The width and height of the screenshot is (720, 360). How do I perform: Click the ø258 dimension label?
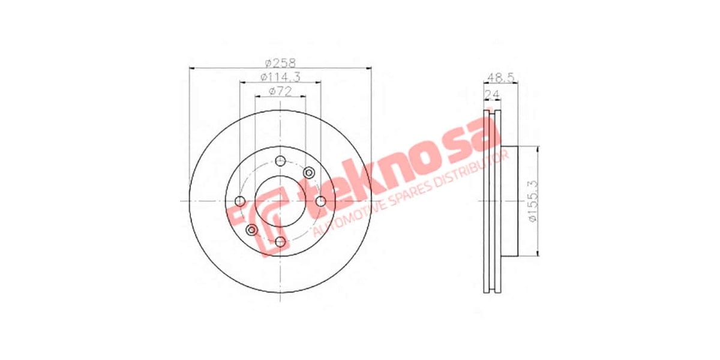click(x=280, y=62)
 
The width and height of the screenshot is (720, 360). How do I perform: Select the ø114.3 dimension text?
click(x=280, y=77)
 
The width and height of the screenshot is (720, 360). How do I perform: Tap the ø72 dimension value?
click(x=280, y=91)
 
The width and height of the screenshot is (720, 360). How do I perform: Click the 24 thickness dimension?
click(x=494, y=92)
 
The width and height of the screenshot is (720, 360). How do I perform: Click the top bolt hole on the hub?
click(x=280, y=160)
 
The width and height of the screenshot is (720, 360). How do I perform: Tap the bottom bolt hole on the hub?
click(x=280, y=241)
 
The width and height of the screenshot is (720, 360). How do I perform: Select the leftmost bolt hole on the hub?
click(x=240, y=201)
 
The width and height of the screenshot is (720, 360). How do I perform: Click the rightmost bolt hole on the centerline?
click(x=320, y=201)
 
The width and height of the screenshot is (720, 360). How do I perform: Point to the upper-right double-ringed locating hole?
click(x=309, y=173)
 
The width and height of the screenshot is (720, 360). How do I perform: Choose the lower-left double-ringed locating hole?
click(x=251, y=229)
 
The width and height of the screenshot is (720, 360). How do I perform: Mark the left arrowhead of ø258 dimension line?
click(x=191, y=68)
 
